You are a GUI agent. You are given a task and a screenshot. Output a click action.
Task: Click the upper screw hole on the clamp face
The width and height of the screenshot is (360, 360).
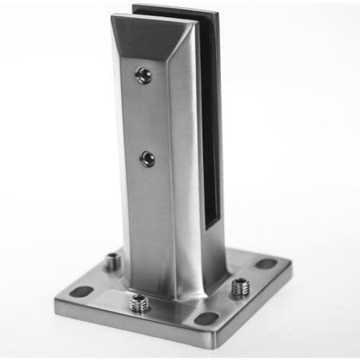[144, 75]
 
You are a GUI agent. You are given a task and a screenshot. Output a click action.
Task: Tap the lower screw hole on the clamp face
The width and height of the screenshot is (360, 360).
[147, 158]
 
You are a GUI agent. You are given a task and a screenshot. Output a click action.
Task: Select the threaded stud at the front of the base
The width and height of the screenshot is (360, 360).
[140, 303]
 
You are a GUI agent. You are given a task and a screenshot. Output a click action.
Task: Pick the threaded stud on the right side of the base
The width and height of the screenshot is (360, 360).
[240, 287]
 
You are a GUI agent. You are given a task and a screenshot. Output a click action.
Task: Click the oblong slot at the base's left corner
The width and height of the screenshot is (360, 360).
[82, 292]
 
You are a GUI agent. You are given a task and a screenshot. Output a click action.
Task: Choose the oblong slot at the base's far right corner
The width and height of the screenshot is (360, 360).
[266, 264]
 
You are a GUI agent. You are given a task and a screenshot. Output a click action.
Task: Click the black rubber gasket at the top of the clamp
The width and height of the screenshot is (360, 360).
[176, 14]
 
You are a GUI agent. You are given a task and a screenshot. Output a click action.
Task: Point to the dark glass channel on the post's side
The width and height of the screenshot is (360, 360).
[210, 130]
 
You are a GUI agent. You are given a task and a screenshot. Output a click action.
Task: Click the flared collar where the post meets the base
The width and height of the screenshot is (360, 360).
[173, 288]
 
